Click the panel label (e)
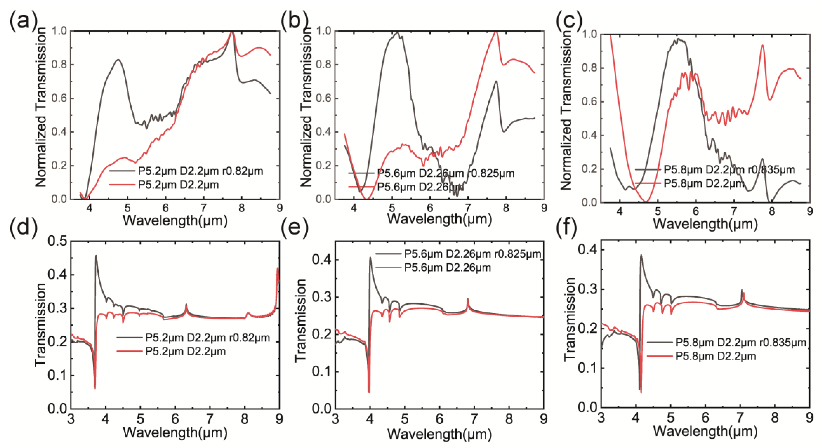pyautogui.click(x=294, y=229)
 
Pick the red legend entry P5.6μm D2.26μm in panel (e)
pyautogui.click(x=447, y=268)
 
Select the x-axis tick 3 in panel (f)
pyautogui.click(x=601, y=417)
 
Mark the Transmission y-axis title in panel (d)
pyautogui.click(x=41, y=325)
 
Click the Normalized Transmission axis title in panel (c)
pyautogui.click(x=566, y=110)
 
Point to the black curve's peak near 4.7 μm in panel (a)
pyautogui.click(x=118, y=60)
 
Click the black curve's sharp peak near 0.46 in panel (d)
pyautogui.click(x=96, y=255)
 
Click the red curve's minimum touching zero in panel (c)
pyautogui.click(x=646, y=201)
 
